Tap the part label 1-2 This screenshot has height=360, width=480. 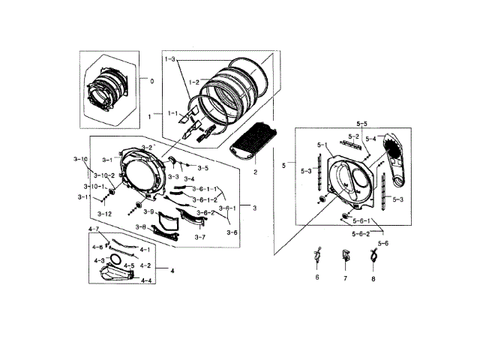[x=193, y=81]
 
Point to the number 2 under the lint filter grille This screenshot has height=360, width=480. [x=254, y=172]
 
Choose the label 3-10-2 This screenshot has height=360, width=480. [x=103, y=175]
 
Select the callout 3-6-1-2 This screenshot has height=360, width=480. [x=205, y=199]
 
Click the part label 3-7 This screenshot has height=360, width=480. [x=200, y=237]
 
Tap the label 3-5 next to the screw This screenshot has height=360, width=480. [x=202, y=169]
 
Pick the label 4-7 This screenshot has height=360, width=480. [x=94, y=229]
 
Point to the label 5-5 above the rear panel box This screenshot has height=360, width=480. [x=361, y=122]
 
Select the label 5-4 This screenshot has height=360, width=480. [x=370, y=139]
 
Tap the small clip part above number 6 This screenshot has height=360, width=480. [x=317, y=256]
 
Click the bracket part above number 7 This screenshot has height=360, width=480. [x=345, y=256]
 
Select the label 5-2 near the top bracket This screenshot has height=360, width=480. [x=352, y=136]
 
